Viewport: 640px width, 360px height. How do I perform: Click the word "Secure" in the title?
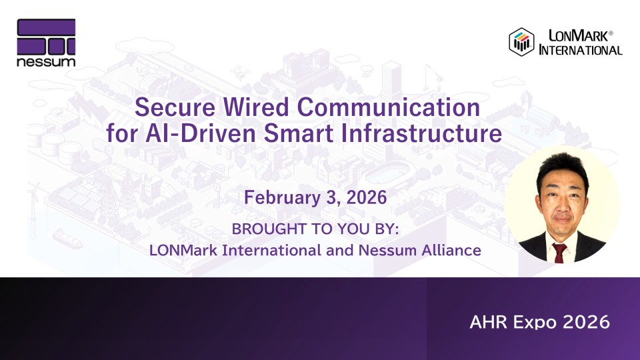coord(175,107)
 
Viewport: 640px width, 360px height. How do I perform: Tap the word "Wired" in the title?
coord(256,107)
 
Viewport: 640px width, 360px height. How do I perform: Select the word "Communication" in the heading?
coord(388,107)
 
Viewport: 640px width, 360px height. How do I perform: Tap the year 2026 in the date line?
coord(367,197)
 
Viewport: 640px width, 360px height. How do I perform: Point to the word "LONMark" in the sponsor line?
coord(183,250)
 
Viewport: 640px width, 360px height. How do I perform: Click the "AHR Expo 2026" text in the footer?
coord(539,322)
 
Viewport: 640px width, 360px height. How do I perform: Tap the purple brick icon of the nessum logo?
coord(46,37)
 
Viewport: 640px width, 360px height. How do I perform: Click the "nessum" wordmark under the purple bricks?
coord(46,62)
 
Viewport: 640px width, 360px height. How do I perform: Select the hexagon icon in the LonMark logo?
coord(521,41)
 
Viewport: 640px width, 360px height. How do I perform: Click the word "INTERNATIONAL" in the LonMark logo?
coord(581,50)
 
